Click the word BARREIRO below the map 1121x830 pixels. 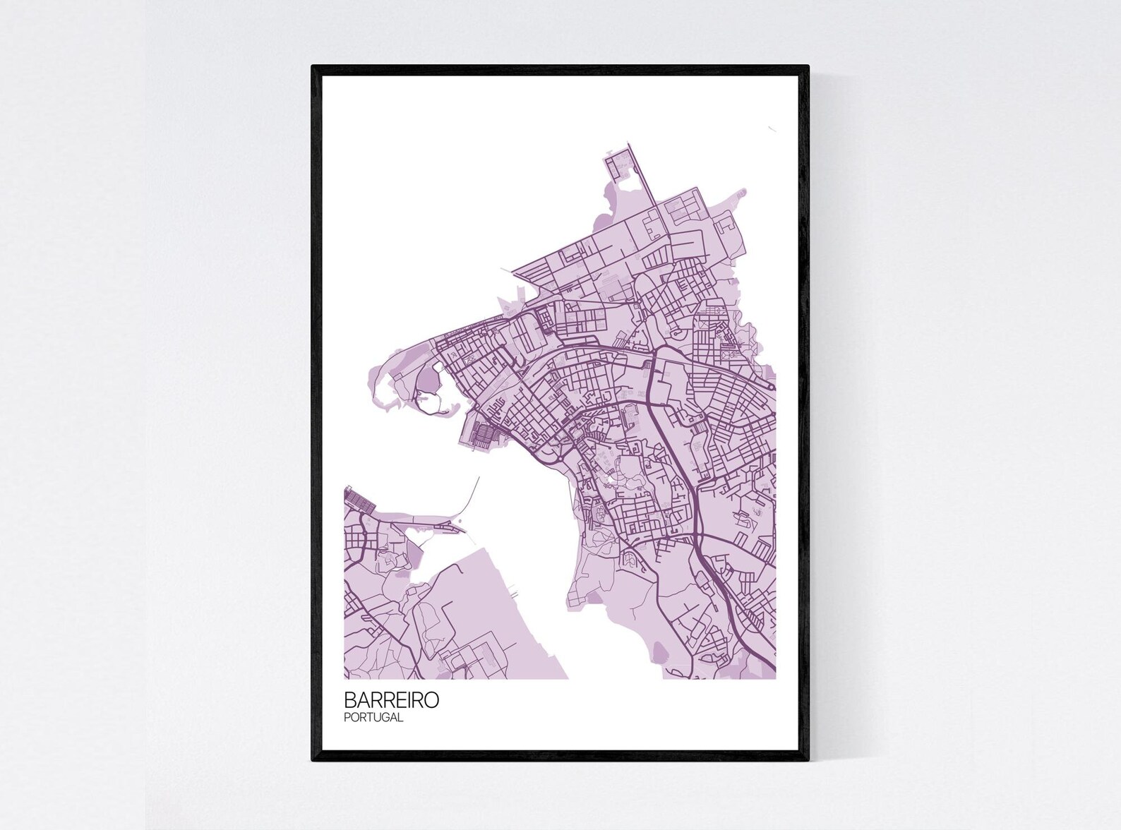[391, 699]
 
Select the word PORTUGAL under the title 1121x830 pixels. [373, 717]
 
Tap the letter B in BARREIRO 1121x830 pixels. [349, 699]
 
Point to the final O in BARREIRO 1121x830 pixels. [431, 699]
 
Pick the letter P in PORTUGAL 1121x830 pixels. [347, 717]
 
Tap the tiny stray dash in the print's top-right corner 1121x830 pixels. [772, 128]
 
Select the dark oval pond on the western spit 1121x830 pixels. [428, 382]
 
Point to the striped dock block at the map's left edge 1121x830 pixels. [359, 503]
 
